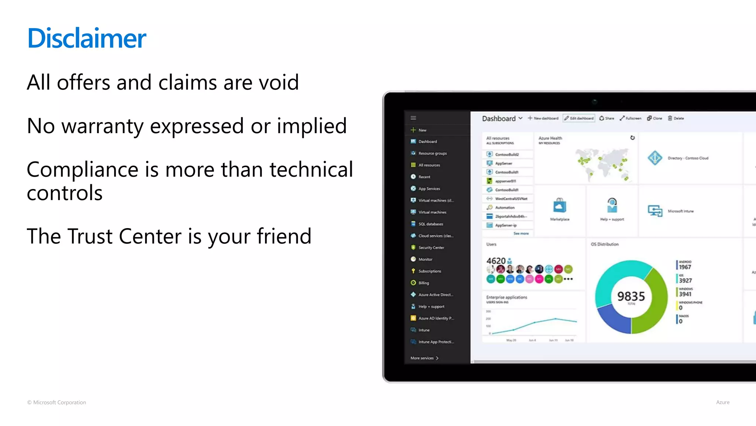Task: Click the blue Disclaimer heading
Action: [x=87, y=38]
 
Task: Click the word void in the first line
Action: [x=279, y=82]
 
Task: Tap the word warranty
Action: [x=102, y=126]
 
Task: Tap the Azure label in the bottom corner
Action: [x=722, y=402]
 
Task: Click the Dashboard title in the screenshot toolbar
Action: [x=499, y=118]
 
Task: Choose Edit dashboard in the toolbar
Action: [x=579, y=118]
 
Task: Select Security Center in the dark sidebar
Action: [x=431, y=248]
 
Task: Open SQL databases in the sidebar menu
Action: [x=430, y=224]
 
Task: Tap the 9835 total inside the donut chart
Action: [x=631, y=296]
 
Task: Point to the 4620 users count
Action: [x=496, y=261]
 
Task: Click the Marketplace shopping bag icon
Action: [x=560, y=206]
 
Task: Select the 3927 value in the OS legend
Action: [x=685, y=281]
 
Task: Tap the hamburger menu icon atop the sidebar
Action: [x=413, y=118]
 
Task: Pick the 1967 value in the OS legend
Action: [x=685, y=267]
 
